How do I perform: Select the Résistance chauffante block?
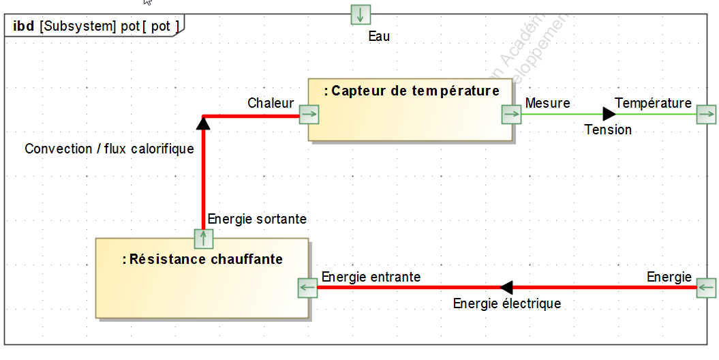pos(202,278)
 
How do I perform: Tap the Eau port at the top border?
pos(361,14)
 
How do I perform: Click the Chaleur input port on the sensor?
pos(309,115)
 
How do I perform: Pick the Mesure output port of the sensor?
pos(511,115)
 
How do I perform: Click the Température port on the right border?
pos(707,114)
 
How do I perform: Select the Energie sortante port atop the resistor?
pos(204,239)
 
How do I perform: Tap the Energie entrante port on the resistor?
pos(308,288)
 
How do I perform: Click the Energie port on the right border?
pos(707,288)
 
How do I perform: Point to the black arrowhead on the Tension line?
pos(609,114)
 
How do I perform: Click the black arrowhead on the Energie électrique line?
pos(506,288)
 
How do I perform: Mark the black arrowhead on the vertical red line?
pos(202,123)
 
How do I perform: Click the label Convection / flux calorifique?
pos(109,149)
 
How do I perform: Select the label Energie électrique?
pos(507,303)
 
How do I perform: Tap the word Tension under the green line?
pos(608,130)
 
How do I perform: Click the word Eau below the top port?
pos(379,36)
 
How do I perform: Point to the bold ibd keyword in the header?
pos(24,27)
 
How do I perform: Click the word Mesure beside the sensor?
pos(547,103)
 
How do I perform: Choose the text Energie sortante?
pos(257,219)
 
